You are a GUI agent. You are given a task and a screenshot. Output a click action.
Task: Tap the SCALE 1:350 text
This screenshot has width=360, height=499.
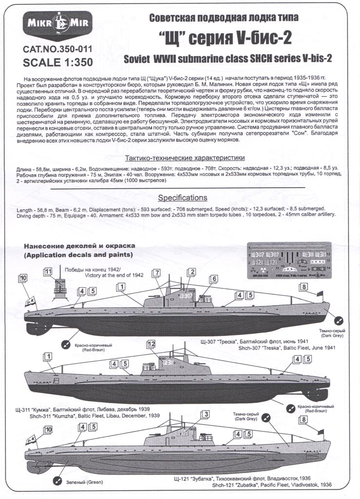[57, 62]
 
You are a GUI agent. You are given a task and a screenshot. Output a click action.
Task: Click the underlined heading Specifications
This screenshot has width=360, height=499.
[182, 198]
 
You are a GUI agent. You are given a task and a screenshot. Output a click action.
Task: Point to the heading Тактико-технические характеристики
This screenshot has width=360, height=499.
[185, 158]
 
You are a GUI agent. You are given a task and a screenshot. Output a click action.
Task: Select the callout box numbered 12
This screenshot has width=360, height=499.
[151, 345]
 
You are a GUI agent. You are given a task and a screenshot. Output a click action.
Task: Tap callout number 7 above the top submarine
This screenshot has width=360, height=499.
[156, 273]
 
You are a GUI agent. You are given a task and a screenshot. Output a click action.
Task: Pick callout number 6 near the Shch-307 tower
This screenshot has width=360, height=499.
[213, 279]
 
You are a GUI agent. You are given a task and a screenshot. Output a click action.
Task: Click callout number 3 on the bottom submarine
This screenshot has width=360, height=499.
[206, 414]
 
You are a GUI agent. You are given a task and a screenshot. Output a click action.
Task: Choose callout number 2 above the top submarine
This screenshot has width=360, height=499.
[192, 272]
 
